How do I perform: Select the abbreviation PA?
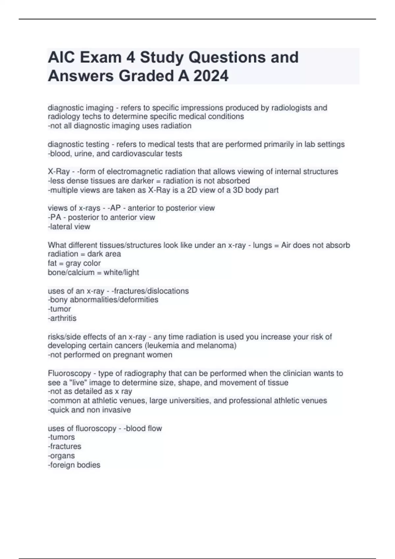(56, 217)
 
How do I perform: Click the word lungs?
(262, 245)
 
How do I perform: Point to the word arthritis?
(63, 318)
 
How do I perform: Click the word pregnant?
(127, 355)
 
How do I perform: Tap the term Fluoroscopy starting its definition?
(69, 374)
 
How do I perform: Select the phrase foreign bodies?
(75, 465)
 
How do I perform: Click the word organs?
(62, 456)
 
